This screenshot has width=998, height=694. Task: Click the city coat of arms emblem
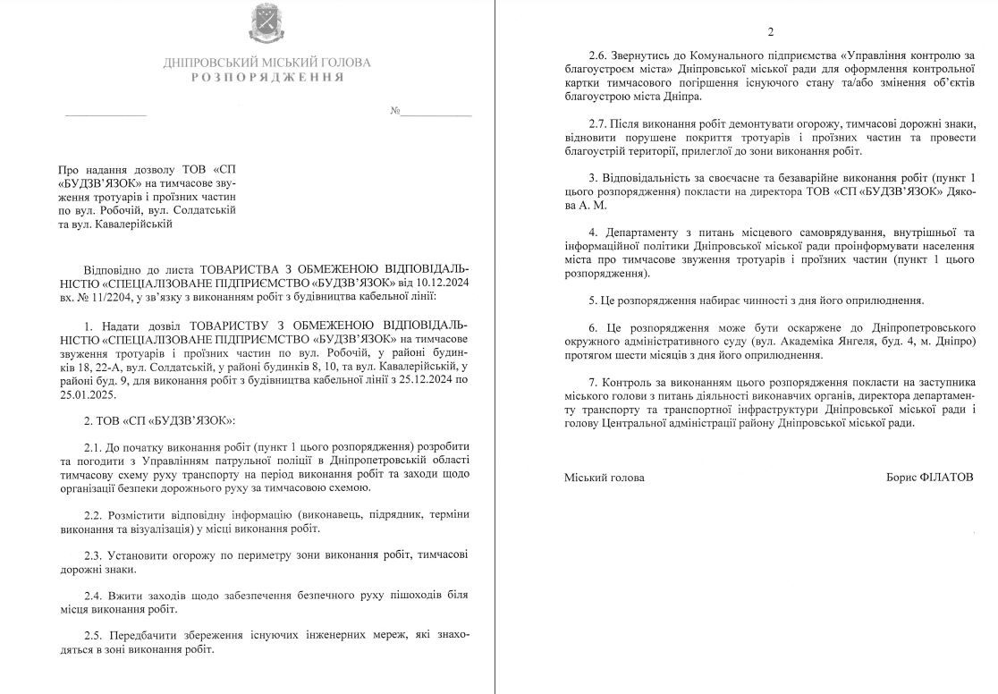(266, 24)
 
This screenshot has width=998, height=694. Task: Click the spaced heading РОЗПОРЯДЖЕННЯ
(267, 78)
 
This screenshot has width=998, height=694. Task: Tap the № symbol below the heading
(394, 112)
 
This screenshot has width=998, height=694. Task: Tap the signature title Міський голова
(605, 478)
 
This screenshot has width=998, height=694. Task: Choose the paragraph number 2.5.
(95, 634)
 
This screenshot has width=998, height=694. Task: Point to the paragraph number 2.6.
(600, 55)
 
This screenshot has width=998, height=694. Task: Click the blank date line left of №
(105, 115)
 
